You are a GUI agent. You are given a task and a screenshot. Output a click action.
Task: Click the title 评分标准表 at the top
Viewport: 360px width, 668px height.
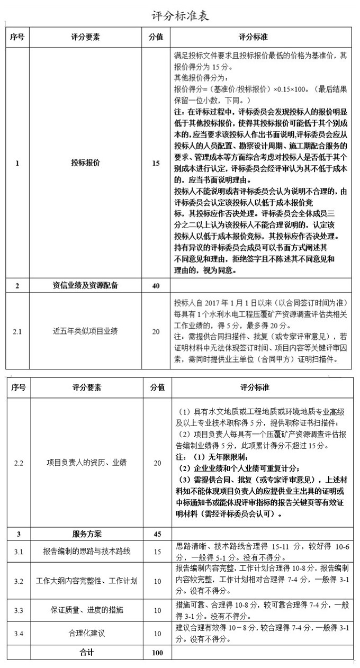(x=180, y=16)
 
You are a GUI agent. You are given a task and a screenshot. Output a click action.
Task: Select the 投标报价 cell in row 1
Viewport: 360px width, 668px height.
(x=86, y=164)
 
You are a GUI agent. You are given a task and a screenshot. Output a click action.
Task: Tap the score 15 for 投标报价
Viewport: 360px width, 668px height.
(x=156, y=164)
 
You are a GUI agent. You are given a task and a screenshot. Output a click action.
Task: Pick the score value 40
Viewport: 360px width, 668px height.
(x=156, y=286)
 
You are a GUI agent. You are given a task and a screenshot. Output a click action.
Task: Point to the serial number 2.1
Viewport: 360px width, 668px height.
(x=17, y=331)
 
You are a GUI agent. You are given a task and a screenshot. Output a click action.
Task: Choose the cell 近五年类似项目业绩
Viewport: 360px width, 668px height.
(x=86, y=331)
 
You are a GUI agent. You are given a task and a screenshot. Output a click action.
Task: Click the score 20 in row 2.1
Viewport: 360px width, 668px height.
(x=156, y=331)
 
